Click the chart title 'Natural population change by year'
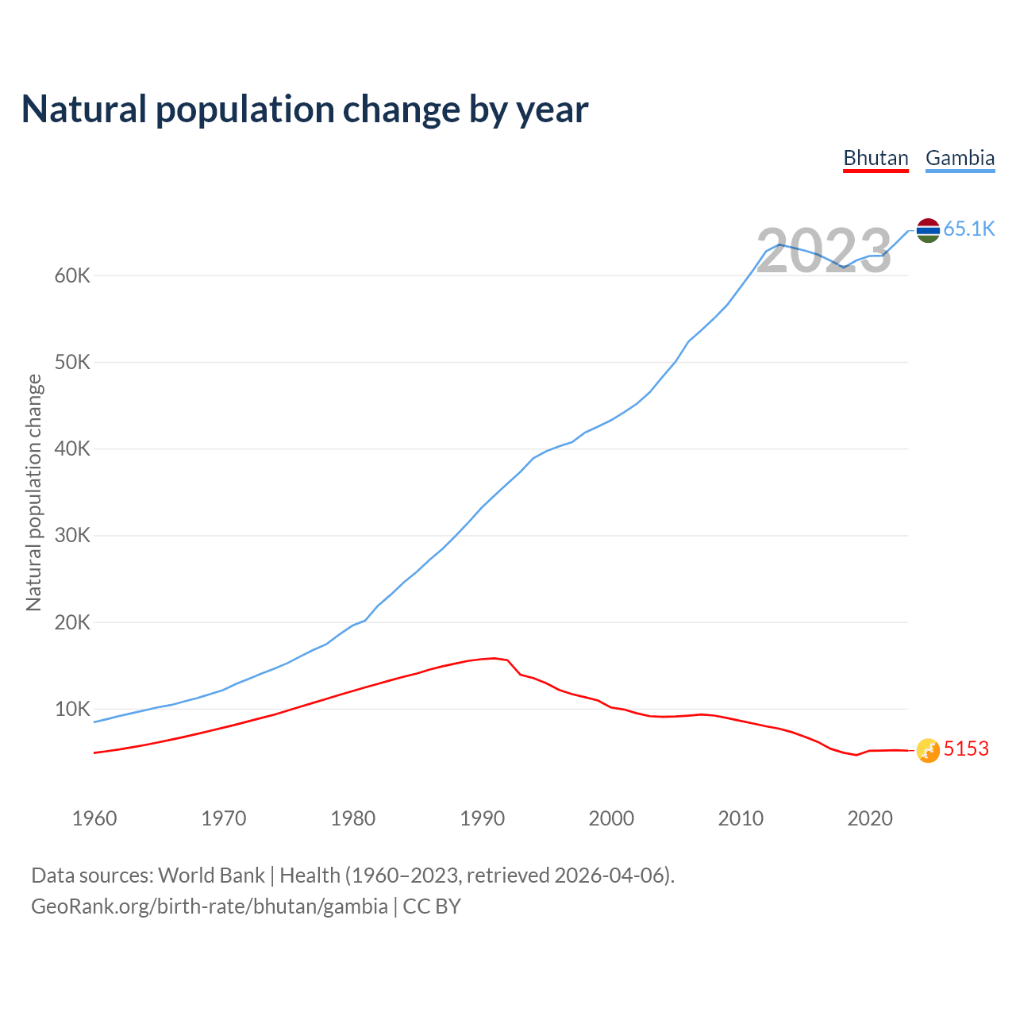tap(305, 110)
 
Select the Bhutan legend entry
tap(876, 158)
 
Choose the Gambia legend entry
tap(960, 158)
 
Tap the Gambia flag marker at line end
tap(928, 230)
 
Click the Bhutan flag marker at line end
tap(928, 750)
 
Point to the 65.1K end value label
tap(969, 229)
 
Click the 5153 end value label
tap(966, 749)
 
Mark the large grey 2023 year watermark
tap(824, 252)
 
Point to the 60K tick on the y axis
tap(73, 276)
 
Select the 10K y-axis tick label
tap(73, 709)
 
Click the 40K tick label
tap(73, 449)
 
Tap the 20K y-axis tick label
tap(73, 622)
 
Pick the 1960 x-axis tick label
tap(94, 818)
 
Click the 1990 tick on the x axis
tap(483, 818)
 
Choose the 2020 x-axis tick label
tap(870, 818)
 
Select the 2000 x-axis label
tap(611, 818)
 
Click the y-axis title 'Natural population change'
tap(33, 492)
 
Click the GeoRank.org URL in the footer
tap(210, 906)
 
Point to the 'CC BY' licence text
tap(432, 906)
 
